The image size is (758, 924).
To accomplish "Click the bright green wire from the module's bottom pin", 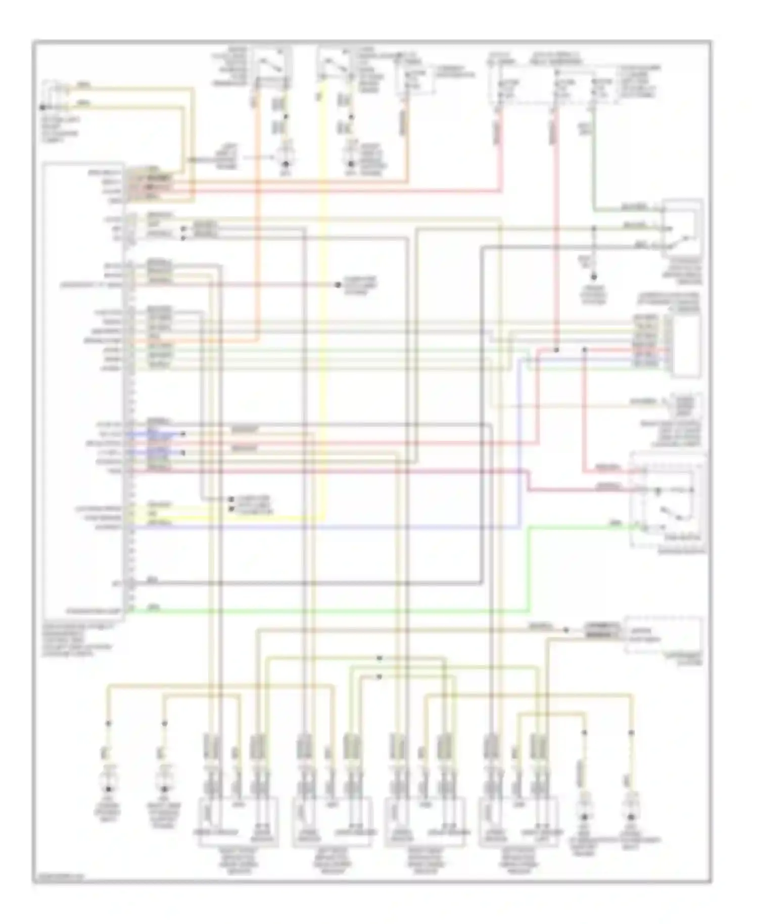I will pos(328,611).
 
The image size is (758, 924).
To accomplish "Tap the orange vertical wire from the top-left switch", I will pos(257,202).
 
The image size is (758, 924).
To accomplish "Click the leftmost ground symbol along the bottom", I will pos(108,789).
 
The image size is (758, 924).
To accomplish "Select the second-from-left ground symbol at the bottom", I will pos(164,789).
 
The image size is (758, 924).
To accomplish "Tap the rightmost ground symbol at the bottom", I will pos(631,817).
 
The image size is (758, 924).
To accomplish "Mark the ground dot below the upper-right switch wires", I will pos(594,277).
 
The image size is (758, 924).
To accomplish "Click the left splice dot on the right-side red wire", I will pos(556,350).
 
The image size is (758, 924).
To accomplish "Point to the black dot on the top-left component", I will pos(42,107).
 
